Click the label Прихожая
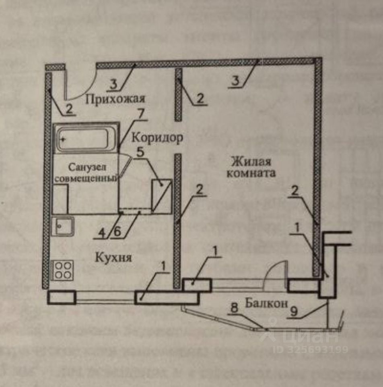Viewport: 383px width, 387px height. (x=114, y=99)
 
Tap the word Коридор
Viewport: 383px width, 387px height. (x=157, y=137)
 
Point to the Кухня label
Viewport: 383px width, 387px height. (x=113, y=257)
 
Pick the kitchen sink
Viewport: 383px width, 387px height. (x=63, y=227)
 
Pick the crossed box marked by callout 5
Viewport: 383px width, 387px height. (x=162, y=196)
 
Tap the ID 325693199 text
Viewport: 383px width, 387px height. (x=310, y=349)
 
